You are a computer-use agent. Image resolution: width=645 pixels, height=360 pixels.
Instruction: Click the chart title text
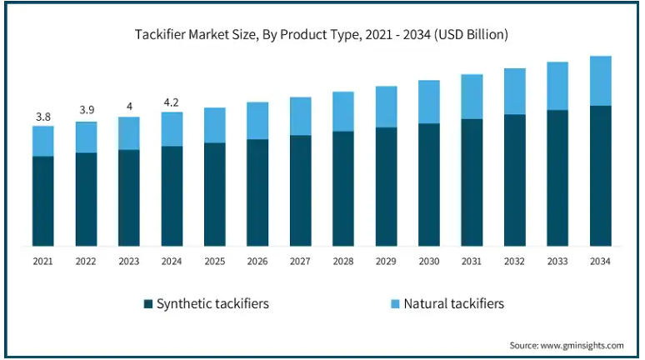322,35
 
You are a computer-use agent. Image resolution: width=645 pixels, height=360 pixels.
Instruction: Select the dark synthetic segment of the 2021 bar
43,201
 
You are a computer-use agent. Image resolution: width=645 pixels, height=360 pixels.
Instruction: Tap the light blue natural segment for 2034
600,81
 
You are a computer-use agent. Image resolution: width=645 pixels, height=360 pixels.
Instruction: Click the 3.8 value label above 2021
43,115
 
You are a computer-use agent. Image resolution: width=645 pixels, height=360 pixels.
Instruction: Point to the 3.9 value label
86,110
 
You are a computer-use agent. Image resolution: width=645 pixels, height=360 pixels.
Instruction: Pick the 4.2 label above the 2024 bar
172,102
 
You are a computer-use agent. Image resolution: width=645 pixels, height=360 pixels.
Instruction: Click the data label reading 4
129,106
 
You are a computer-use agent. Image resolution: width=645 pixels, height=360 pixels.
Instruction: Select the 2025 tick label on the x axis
215,262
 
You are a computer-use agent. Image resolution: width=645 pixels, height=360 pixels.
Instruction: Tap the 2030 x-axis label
429,262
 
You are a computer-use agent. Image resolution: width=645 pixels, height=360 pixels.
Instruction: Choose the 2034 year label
600,262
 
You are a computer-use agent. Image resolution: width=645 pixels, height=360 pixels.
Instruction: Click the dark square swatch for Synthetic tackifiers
148,304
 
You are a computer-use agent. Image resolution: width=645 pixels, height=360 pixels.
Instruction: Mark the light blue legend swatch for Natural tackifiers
395,304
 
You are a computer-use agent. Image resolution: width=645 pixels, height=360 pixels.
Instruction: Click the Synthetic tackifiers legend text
212,304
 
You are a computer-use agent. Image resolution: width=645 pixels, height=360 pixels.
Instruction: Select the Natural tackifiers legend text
453,304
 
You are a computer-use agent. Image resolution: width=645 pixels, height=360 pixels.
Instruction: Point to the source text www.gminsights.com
567,345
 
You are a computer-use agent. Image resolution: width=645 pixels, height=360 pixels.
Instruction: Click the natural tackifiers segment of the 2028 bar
343,111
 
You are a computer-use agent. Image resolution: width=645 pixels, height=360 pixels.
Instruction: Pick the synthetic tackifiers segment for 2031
472,182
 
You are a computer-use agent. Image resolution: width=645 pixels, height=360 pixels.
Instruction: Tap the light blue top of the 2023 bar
129,133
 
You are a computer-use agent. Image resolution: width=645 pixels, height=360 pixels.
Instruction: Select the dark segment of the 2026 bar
257,192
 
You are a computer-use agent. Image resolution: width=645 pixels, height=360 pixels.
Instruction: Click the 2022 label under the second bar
86,262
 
